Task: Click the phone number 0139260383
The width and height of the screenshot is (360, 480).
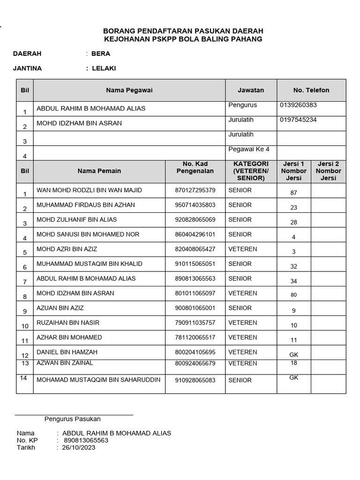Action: click(298, 105)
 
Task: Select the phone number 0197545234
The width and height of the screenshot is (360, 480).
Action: click(298, 120)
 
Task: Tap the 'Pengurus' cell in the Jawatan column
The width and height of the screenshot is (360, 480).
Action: click(242, 105)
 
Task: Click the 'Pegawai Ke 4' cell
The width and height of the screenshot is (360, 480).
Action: click(249, 150)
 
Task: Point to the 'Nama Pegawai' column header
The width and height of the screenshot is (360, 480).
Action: click(129, 90)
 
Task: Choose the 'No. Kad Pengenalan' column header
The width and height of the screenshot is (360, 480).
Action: click(195, 167)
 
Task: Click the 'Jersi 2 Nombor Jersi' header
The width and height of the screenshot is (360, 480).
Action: click(328, 171)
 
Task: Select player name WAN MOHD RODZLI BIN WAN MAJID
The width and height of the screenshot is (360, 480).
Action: click(89, 190)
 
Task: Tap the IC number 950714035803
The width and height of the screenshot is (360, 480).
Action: click(195, 205)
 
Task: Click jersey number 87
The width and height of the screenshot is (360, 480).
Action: click(294, 193)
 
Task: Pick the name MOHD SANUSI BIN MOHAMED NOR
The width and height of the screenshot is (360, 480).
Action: click(88, 234)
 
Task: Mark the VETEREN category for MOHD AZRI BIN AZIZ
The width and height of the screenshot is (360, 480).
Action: click(242, 249)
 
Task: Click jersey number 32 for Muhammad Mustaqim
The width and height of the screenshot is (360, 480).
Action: click(294, 266)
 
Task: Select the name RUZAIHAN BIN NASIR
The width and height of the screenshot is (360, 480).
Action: click(68, 323)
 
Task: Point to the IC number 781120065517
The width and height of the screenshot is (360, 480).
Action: click(195, 337)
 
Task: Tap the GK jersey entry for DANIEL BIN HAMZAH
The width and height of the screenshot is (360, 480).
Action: click(294, 355)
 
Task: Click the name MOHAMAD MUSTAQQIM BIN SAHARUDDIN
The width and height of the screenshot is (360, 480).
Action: click(98, 380)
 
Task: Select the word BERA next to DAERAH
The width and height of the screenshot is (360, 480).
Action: click(101, 54)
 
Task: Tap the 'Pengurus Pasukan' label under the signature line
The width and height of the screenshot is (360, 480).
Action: click(72, 419)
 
